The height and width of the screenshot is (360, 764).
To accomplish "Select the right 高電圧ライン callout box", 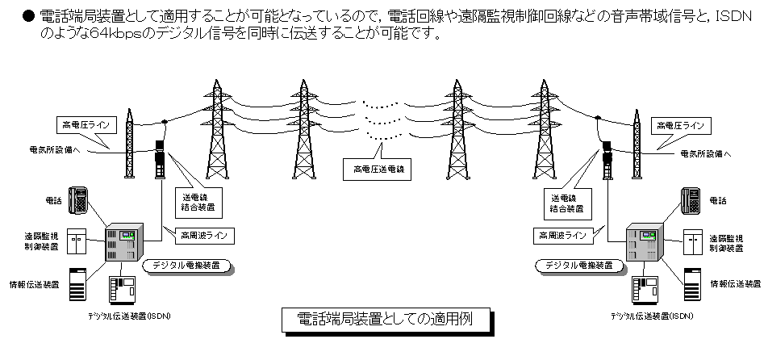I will coord(683,125).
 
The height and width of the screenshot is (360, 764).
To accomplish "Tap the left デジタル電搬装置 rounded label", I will coord(186,264).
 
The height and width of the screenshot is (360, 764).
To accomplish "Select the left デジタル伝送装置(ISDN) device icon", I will coord(121,291).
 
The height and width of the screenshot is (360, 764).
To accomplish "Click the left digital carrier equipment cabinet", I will coord(123,240).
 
